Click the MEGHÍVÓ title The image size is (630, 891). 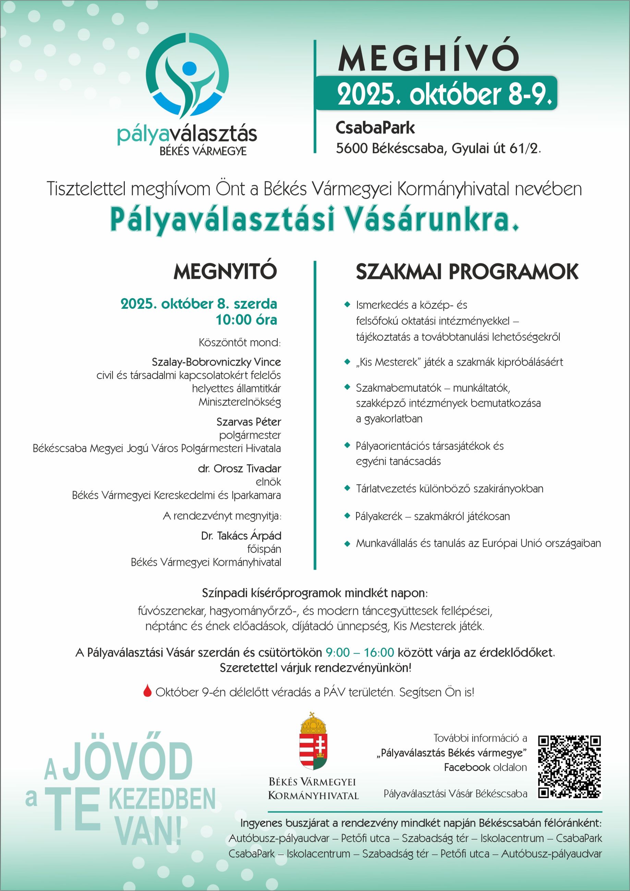tap(428, 58)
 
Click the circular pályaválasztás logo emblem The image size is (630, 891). tap(187, 76)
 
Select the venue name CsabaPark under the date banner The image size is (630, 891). tap(375, 128)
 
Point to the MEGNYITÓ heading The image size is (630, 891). tap(225, 271)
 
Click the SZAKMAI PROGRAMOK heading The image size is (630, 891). tap(467, 272)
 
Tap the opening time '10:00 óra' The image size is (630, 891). tap(246, 320)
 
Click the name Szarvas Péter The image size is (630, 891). tap(249, 422)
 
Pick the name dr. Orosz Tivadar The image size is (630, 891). tap(239, 468)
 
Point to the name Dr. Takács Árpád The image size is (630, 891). tap(241, 536)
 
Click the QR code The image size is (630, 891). tap(569, 766)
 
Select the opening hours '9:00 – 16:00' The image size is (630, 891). tap(360, 652)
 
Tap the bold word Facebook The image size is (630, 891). tap(467, 767)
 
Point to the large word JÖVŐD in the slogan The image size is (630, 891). tap(128, 761)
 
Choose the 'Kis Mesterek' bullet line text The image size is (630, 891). tap(459, 362)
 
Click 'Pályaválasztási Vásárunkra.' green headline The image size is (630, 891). tap(314, 220)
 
